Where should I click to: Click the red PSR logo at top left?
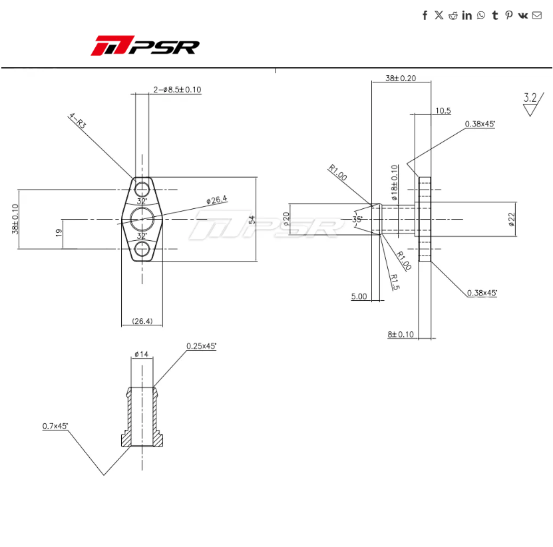(x=145, y=47)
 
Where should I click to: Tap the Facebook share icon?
(x=425, y=15)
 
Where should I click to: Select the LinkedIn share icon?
(x=466, y=15)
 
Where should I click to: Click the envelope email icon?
(x=537, y=15)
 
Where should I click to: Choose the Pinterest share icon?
(x=508, y=15)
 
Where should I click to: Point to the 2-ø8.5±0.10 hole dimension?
(x=177, y=89)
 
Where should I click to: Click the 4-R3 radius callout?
(x=78, y=122)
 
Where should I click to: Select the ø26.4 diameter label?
(x=217, y=199)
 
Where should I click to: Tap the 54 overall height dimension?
(x=252, y=220)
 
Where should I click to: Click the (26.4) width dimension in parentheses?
(x=142, y=321)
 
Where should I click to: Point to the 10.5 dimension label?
(x=443, y=110)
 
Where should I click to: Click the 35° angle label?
(x=357, y=219)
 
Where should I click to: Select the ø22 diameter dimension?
(x=511, y=220)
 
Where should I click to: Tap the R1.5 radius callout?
(x=394, y=282)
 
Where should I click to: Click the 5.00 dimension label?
(x=359, y=297)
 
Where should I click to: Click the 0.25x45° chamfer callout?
(x=201, y=346)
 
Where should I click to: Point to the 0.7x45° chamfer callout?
(x=55, y=425)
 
